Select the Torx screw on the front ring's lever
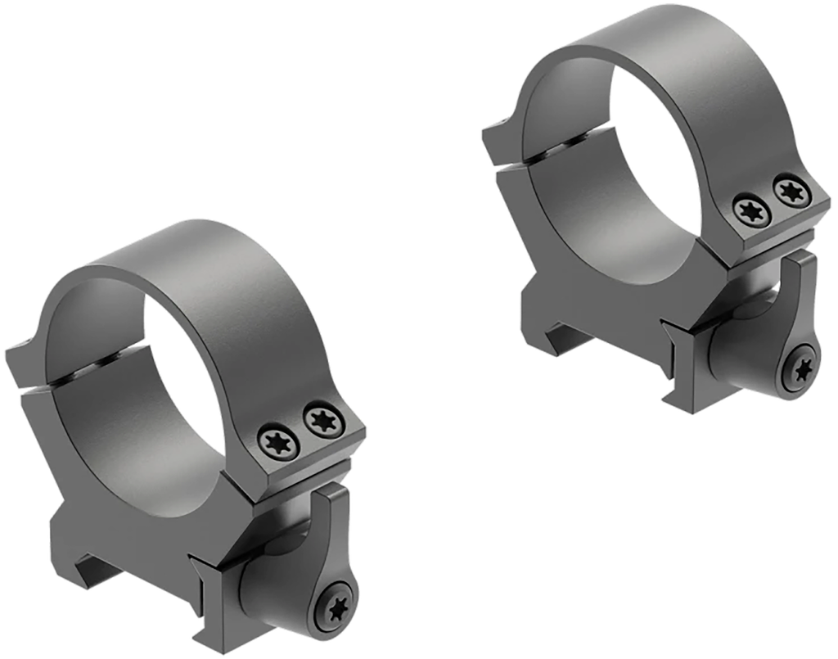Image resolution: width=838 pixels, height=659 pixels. tap(337, 608)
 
